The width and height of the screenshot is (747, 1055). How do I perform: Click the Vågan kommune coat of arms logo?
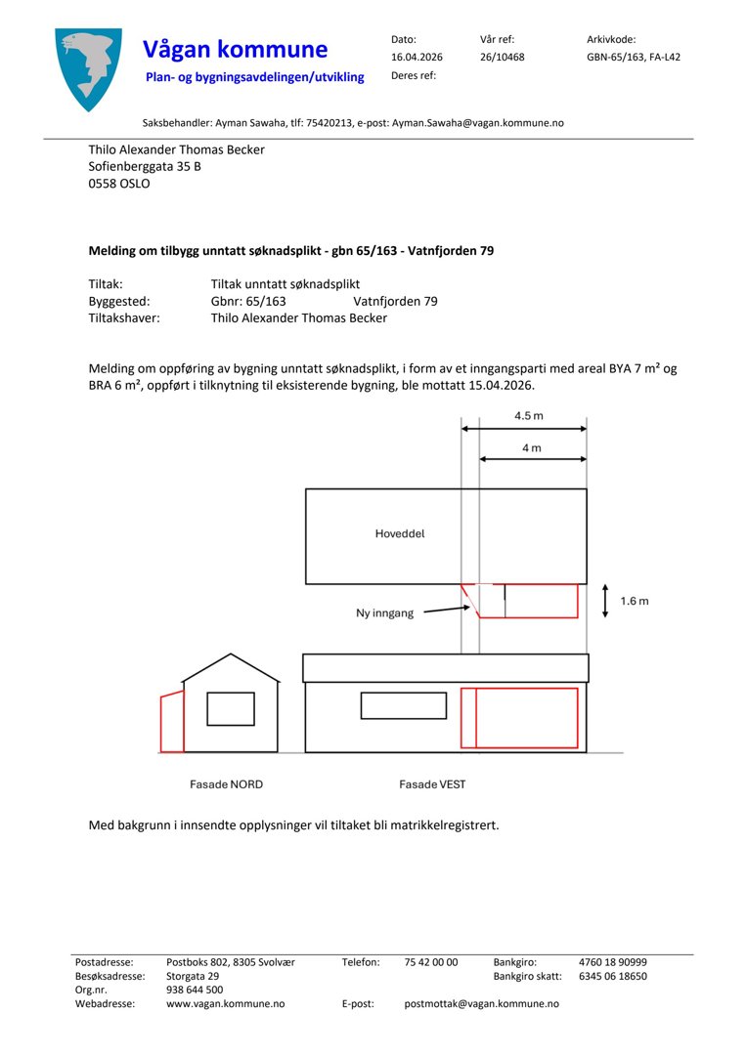89,68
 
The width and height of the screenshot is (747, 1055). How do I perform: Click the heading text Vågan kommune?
235,49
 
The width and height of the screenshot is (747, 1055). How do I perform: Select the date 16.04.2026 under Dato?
417,57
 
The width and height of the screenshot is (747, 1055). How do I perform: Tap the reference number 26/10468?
502,57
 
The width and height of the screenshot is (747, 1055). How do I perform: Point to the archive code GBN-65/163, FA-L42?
633,57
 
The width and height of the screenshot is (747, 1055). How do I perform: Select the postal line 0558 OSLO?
119,183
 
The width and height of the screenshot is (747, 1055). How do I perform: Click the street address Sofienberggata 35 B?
145,166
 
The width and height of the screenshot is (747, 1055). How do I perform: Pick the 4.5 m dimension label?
529,416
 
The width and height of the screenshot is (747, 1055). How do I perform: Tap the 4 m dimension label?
532,447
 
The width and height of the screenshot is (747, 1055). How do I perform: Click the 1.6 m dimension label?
635,601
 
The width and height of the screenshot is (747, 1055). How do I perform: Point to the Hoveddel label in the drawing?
400,534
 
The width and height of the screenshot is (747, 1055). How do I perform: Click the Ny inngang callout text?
384,613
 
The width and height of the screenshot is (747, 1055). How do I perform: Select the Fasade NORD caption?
226,784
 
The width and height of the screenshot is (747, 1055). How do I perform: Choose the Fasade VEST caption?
432,784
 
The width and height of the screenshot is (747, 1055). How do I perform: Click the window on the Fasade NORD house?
231,708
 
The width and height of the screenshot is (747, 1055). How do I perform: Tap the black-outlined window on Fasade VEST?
403,704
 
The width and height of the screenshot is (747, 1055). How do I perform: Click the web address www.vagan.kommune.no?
225,1003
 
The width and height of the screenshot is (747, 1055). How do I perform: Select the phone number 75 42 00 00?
430,962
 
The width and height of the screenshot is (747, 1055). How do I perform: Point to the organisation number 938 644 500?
195,990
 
